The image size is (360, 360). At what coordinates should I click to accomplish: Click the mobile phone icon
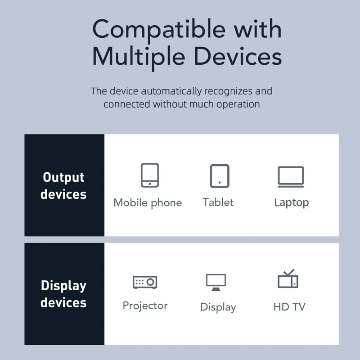click(x=149, y=175)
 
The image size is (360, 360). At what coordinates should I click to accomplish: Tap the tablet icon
click(x=219, y=175)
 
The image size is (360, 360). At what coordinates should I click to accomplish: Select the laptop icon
click(x=291, y=176)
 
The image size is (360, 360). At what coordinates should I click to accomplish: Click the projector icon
click(x=145, y=282)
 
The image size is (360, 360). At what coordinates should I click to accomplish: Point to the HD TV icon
click(x=288, y=279)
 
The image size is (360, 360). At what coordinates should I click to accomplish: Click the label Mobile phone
click(x=148, y=203)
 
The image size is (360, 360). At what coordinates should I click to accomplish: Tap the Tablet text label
click(x=218, y=202)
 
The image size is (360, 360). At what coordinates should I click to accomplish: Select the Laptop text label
click(x=291, y=202)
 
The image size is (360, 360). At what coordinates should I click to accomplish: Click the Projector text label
click(x=145, y=306)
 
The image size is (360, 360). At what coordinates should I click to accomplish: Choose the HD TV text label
click(x=289, y=307)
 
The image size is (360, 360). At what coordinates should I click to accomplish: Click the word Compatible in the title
click(x=158, y=30)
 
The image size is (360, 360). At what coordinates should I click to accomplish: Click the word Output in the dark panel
click(x=63, y=178)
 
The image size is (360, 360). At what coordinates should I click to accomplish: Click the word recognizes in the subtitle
click(x=229, y=91)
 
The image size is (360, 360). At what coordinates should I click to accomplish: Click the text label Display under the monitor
click(x=218, y=307)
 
